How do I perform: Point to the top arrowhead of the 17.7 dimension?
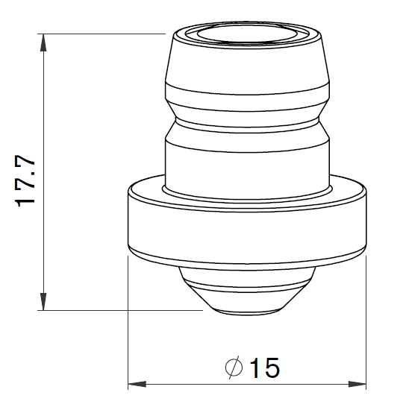[46, 42]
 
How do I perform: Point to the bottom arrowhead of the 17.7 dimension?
[46, 302]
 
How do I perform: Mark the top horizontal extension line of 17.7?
[104, 34]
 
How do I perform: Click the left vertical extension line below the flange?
[128, 321]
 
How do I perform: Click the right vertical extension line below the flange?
[366, 321]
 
